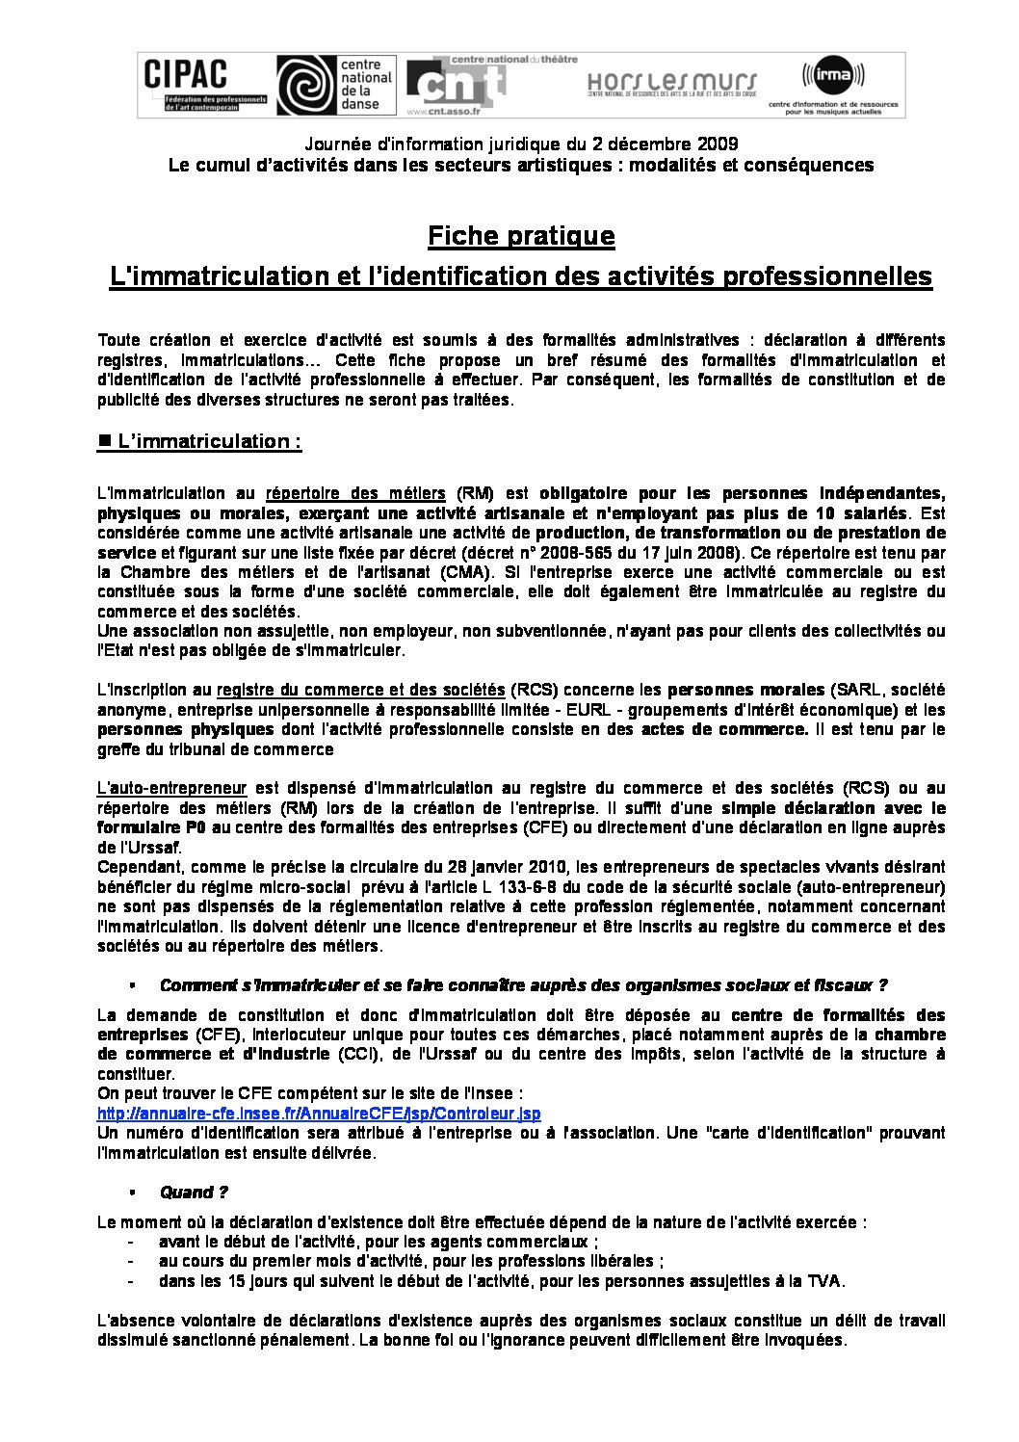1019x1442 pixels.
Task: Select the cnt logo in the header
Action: pos(455,84)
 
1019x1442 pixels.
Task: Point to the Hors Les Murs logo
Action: pos(672,84)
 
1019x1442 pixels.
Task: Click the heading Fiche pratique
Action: pos(521,236)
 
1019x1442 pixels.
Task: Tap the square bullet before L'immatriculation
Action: pos(105,440)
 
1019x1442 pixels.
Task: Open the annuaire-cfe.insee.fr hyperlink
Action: pos(319,1114)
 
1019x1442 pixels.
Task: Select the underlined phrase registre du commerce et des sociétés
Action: pos(360,690)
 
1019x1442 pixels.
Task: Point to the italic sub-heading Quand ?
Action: pos(194,1192)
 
